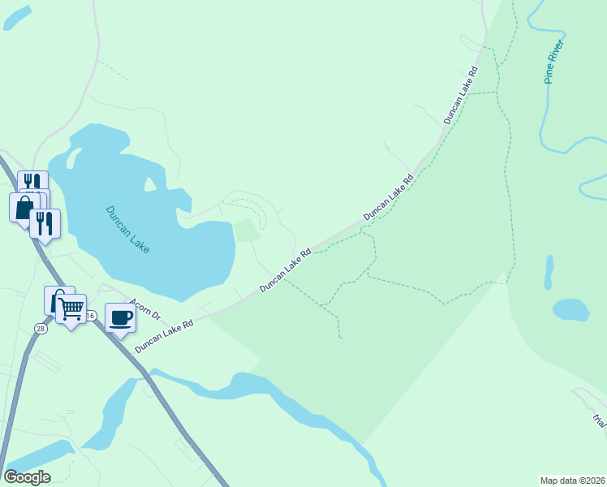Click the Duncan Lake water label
pyautogui.click(x=128, y=229)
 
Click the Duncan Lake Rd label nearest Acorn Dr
pyautogui.click(x=164, y=335)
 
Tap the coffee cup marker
pyautogui.click(x=120, y=318)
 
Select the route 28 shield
pyautogui.click(x=40, y=327)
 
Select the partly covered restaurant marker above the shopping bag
pyautogui.click(x=32, y=182)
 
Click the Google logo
pyautogui.click(x=27, y=476)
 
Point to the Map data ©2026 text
pyautogui.click(x=572, y=481)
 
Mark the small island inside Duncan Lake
pyautogui.click(x=150, y=187)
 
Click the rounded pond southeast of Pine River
pyautogui.click(x=570, y=309)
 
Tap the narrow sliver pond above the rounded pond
pyautogui.click(x=549, y=273)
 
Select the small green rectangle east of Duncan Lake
pyautogui.click(x=247, y=231)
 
